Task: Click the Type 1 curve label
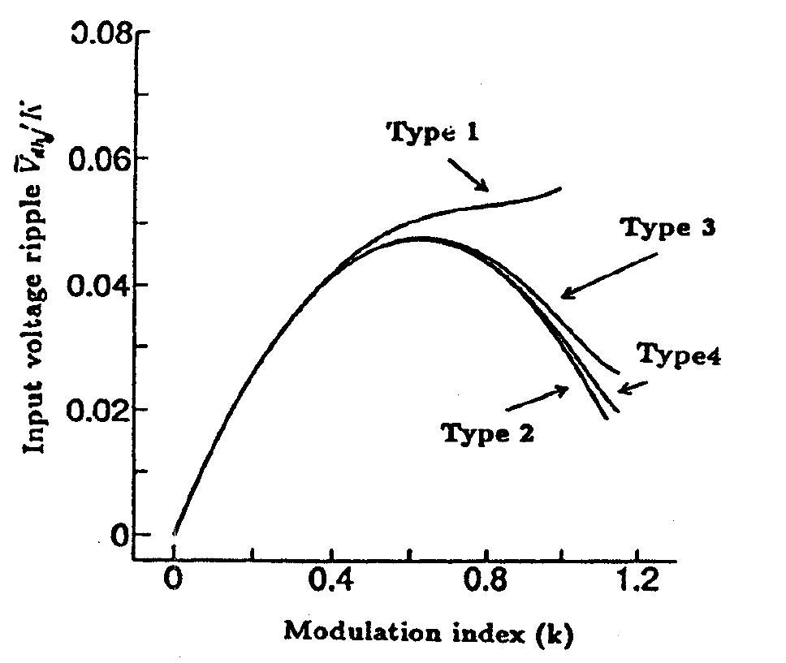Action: (430, 132)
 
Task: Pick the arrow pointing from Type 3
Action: (609, 275)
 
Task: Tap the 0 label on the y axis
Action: (120, 536)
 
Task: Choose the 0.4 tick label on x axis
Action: (330, 583)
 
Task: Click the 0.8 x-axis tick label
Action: (486, 583)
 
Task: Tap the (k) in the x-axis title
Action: (555, 634)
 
